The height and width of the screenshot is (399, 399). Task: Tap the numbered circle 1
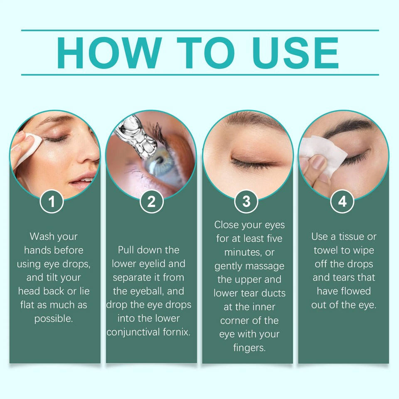[x=52, y=202]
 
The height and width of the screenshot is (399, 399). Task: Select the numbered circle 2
[x=151, y=202]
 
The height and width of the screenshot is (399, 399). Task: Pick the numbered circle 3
[x=246, y=202]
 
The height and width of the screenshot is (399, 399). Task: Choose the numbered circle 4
[x=342, y=202]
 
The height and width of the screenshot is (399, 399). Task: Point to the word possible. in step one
[x=54, y=319]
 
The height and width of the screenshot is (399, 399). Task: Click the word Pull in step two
[x=128, y=250]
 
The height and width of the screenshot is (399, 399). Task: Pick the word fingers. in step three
[x=249, y=348]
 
